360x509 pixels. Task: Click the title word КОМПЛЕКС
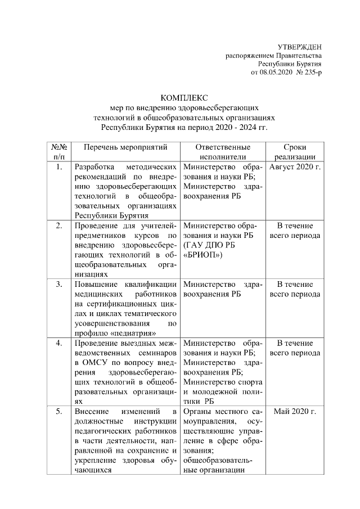pos(184,98)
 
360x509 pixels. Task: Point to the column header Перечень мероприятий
pos(125,147)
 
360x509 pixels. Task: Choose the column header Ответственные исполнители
pos(223,152)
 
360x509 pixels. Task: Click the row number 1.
pos(59,168)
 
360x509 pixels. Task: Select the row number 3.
pos(59,285)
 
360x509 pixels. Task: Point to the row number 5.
pos(59,412)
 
